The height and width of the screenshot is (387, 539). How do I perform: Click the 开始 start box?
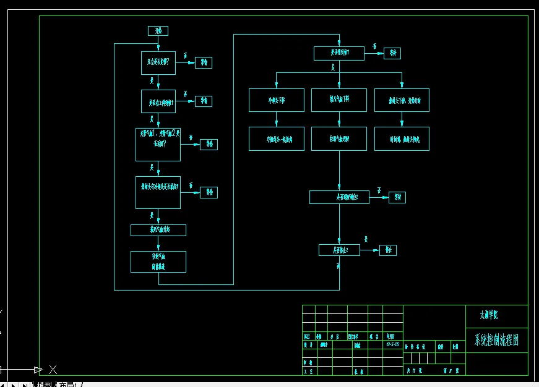[x=158, y=31]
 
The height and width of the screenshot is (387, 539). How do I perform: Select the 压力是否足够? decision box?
[x=158, y=62]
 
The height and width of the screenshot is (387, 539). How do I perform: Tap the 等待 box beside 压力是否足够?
[x=204, y=62]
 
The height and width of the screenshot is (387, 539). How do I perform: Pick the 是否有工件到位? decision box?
[x=158, y=101]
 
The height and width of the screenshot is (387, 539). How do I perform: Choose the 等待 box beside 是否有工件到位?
[x=204, y=101]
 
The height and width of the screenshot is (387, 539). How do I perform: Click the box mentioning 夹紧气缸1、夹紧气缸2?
[x=158, y=145]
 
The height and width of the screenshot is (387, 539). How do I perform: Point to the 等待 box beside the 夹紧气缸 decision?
[x=209, y=144]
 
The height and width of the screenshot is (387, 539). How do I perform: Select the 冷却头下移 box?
[x=277, y=100]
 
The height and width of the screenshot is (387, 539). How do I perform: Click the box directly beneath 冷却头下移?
[x=277, y=139]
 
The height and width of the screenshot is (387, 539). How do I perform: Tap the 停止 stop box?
[x=387, y=250]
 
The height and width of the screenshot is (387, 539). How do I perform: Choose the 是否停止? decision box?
[x=338, y=250]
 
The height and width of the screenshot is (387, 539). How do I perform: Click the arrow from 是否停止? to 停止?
[x=369, y=250]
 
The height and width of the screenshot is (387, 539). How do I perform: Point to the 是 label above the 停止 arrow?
[x=366, y=239]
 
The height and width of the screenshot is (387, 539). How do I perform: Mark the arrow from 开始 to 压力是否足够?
[x=158, y=43]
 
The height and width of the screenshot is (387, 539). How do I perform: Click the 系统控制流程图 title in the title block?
[x=496, y=340]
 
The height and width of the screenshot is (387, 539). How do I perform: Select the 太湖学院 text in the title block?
[x=489, y=315]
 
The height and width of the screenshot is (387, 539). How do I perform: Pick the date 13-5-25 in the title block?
[x=392, y=344]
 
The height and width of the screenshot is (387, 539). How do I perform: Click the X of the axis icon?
[x=53, y=370]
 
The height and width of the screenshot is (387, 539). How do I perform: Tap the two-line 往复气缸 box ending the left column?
[x=158, y=262]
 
